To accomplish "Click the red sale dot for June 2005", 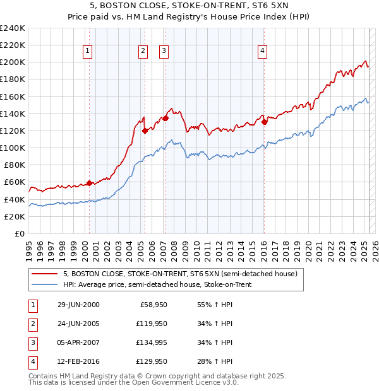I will click(145, 131).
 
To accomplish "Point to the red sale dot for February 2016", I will click(264, 122).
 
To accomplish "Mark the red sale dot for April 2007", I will click(165, 118).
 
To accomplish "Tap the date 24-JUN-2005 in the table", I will click(78, 324).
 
